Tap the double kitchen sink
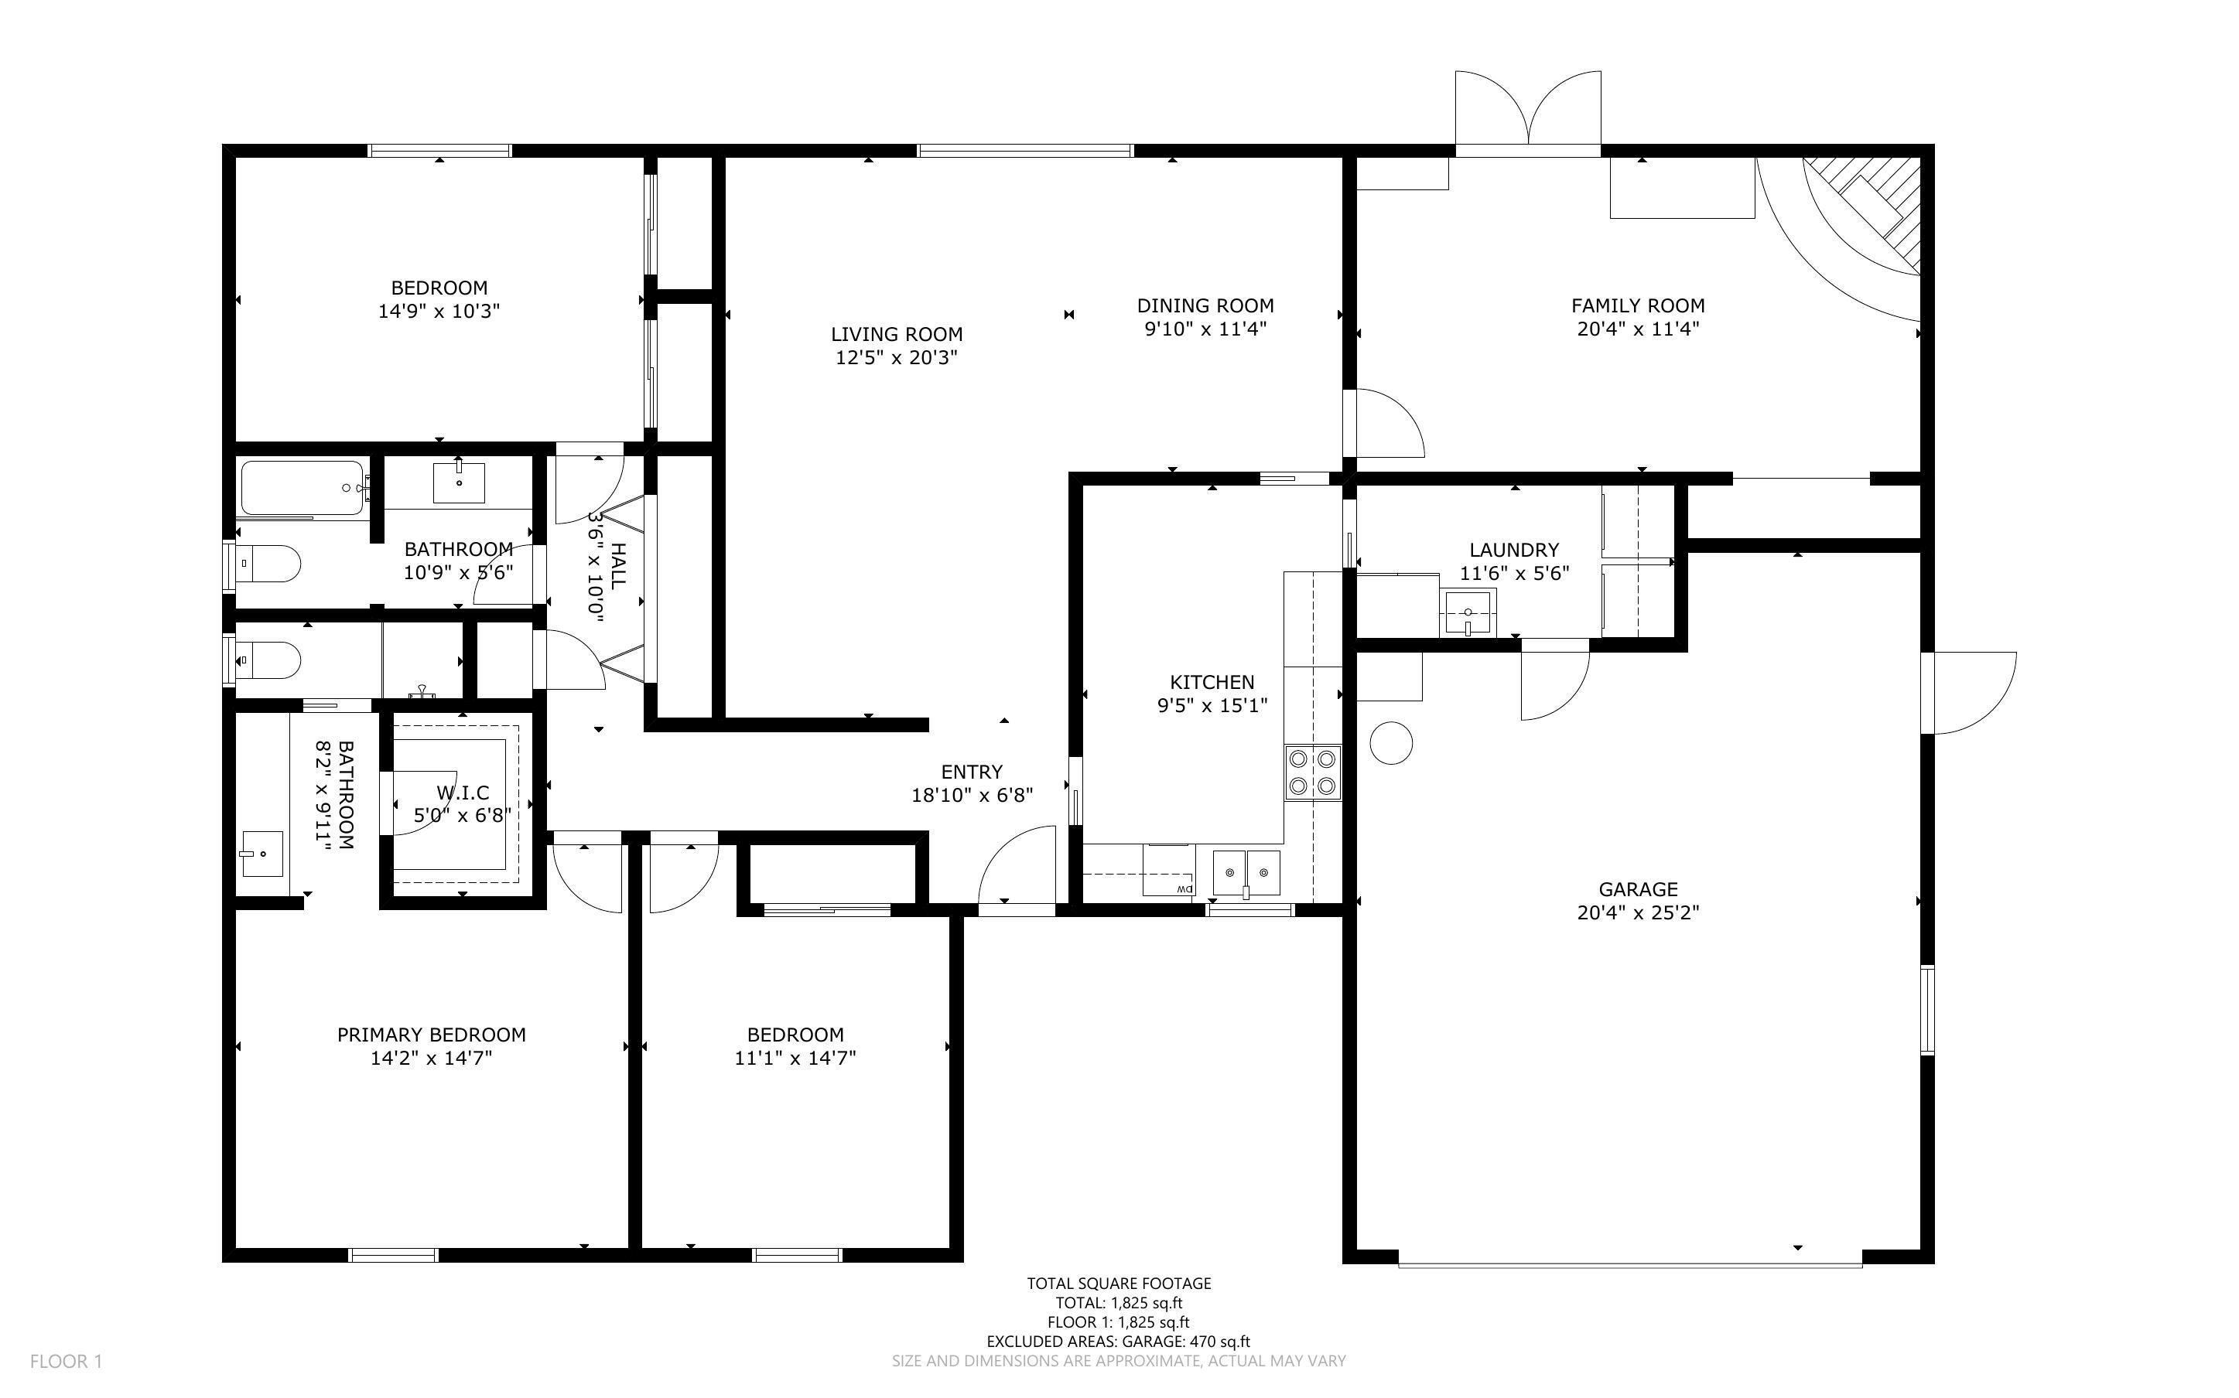(x=1246, y=873)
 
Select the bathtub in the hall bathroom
(x=304, y=488)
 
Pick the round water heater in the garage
(x=1391, y=742)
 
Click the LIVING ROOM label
(x=896, y=335)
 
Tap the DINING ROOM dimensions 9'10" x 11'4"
(x=1205, y=329)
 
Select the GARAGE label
(x=1638, y=889)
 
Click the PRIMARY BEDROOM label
(x=431, y=1035)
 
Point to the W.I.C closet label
(x=463, y=793)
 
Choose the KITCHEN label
(x=1212, y=682)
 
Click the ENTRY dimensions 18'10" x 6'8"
(x=972, y=795)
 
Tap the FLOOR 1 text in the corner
(x=66, y=1361)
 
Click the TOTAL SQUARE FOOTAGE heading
(x=1119, y=1284)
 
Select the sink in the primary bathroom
(x=261, y=854)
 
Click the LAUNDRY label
(x=1514, y=550)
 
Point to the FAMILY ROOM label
(x=1638, y=305)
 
